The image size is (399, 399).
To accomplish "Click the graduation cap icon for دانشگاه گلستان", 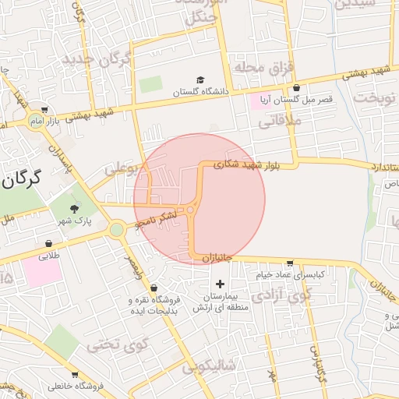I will [200, 80].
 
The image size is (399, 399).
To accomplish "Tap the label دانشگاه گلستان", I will [201, 91].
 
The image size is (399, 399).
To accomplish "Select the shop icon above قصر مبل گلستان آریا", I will [296, 88].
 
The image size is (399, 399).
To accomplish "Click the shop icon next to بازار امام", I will [44, 110].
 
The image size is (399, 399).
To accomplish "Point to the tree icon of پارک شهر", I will [74, 208].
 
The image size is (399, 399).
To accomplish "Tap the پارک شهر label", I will [74, 221].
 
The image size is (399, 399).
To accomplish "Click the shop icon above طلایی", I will [48, 243].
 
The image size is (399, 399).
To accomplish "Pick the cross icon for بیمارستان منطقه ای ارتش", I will [219, 284].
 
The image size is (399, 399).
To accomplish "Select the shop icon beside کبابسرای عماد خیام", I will [290, 263].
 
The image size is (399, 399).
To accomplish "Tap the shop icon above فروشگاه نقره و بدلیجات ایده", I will [153, 288].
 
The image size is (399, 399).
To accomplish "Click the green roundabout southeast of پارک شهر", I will [117, 229].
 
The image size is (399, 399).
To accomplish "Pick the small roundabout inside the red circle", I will [190, 210].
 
